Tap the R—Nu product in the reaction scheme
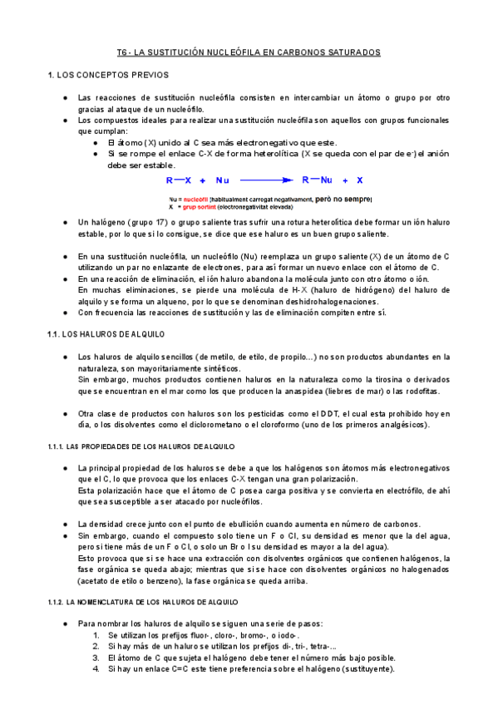317,180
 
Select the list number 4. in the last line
96,669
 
